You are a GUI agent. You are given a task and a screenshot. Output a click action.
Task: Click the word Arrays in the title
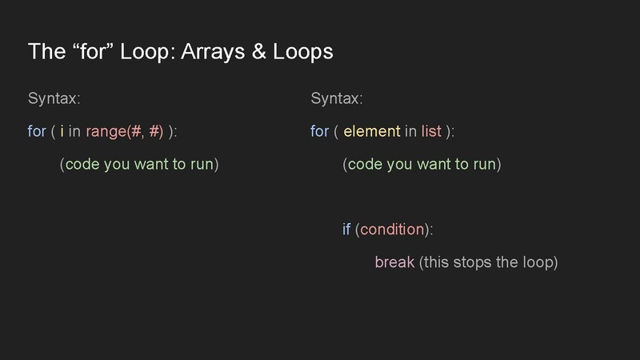(210, 52)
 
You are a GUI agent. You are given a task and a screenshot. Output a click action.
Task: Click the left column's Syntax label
(54, 98)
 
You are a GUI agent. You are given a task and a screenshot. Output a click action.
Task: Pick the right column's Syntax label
(337, 98)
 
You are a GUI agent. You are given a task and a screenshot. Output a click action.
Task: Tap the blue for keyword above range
(37, 131)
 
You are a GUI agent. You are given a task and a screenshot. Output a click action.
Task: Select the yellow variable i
(62, 131)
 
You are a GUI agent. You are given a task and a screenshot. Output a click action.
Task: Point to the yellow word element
(371, 131)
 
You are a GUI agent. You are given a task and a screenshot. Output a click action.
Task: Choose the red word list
(431, 131)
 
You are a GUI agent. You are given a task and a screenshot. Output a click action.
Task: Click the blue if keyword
(346, 230)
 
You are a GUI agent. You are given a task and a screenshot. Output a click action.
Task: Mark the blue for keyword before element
(320, 131)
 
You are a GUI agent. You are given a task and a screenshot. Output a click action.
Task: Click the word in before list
(410, 131)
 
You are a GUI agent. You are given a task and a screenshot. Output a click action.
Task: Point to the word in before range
(74, 131)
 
